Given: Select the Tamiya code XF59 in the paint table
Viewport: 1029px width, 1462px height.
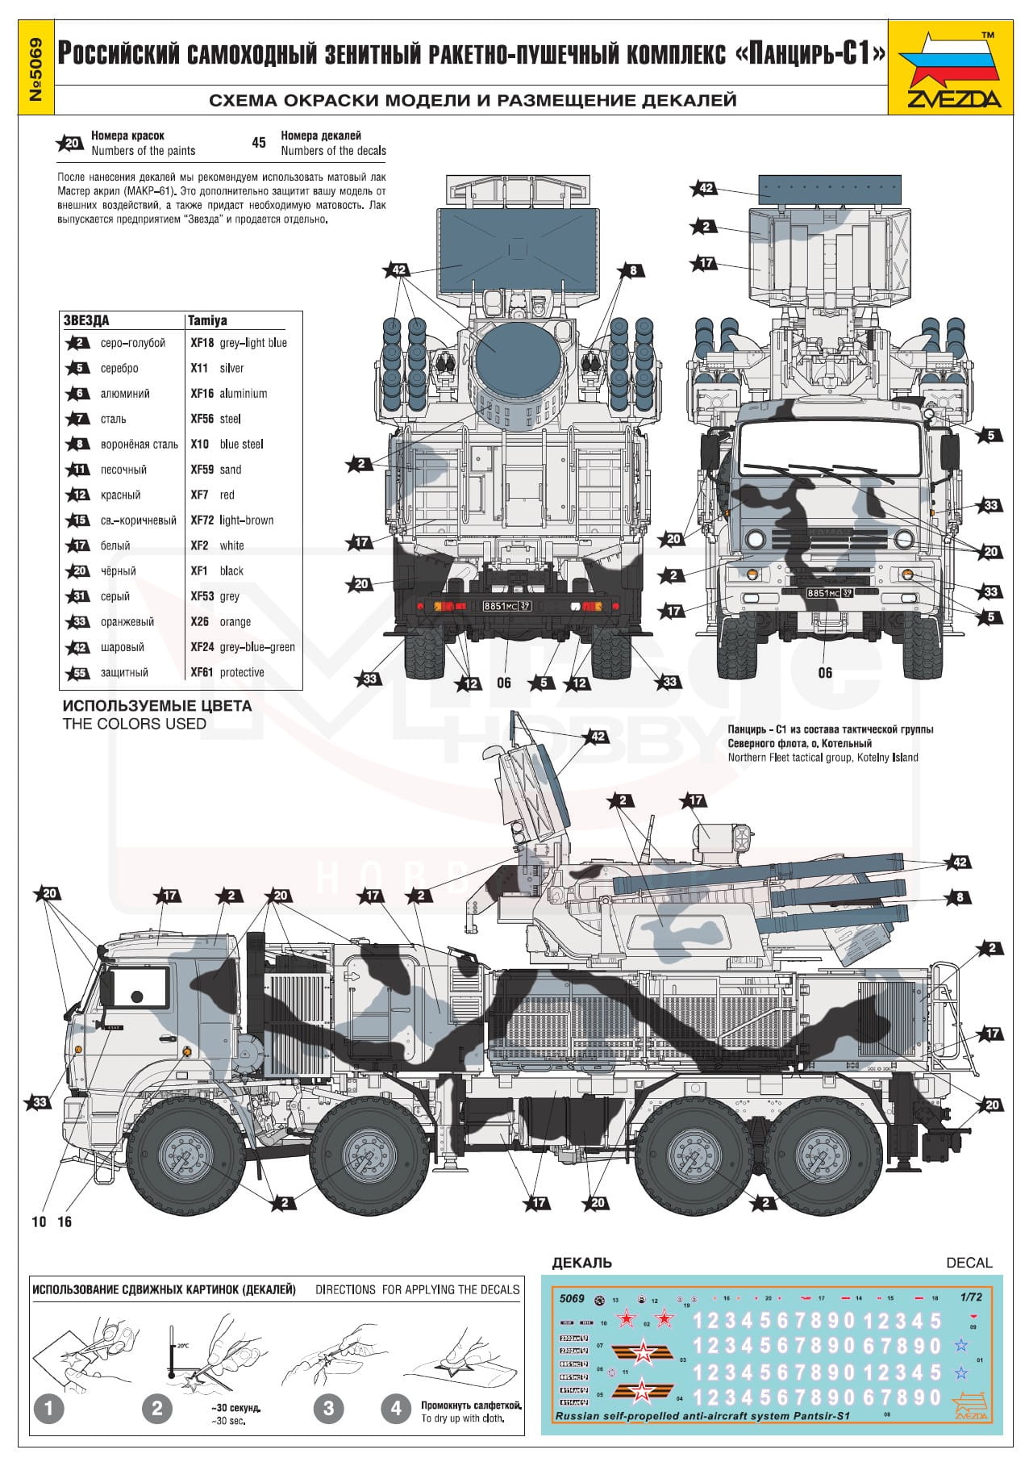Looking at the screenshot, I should coord(202,470).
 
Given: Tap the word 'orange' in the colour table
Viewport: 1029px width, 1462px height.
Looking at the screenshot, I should coord(235,622).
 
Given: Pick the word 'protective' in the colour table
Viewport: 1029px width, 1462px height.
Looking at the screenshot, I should coord(242,673).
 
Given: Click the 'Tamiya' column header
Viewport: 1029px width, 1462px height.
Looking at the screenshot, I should coord(208,320).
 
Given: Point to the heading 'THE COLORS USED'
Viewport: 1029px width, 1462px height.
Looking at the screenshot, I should coord(135,724).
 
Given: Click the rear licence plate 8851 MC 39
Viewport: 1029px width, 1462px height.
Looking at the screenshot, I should coord(506,606).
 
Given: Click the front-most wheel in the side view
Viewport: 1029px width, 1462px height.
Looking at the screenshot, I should coord(182,1158).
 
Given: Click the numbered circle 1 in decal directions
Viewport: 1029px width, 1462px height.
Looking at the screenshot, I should coord(49,1409).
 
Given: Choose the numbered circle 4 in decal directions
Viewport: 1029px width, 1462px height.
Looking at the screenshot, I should coord(395,1409).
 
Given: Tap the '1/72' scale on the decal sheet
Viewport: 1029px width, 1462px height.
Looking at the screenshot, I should coord(972,1297).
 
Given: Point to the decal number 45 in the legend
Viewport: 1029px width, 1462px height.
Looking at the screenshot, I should coord(259,143).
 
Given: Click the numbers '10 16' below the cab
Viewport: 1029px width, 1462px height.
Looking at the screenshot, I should coord(52,1222).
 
